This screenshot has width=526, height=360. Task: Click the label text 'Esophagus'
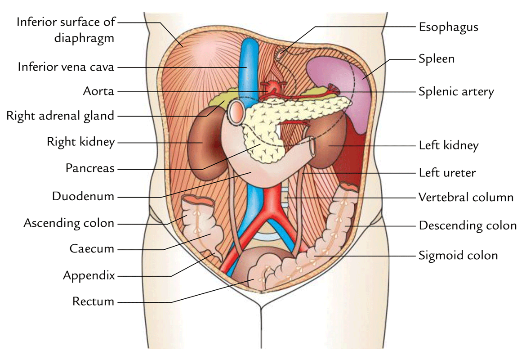(448, 27)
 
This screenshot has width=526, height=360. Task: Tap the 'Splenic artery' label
(456, 92)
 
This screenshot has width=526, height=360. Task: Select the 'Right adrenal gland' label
(60, 116)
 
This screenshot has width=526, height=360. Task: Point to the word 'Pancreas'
(90, 169)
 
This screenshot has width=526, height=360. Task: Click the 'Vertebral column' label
(466, 197)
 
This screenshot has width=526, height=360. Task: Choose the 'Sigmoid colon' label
(458, 256)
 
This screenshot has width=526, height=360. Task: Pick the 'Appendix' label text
(89, 275)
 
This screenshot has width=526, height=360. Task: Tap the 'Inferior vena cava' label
(66, 67)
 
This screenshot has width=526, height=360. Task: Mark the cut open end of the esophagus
(280, 55)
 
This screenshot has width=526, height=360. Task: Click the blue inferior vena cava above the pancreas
(246, 67)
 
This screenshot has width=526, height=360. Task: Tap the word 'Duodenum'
(83, 196)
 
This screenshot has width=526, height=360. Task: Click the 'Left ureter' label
(447, 172)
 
